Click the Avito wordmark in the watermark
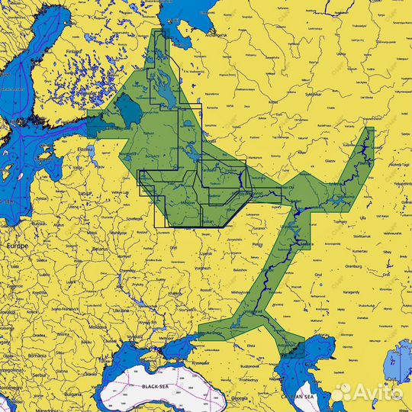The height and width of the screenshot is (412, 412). pos(378,392)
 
